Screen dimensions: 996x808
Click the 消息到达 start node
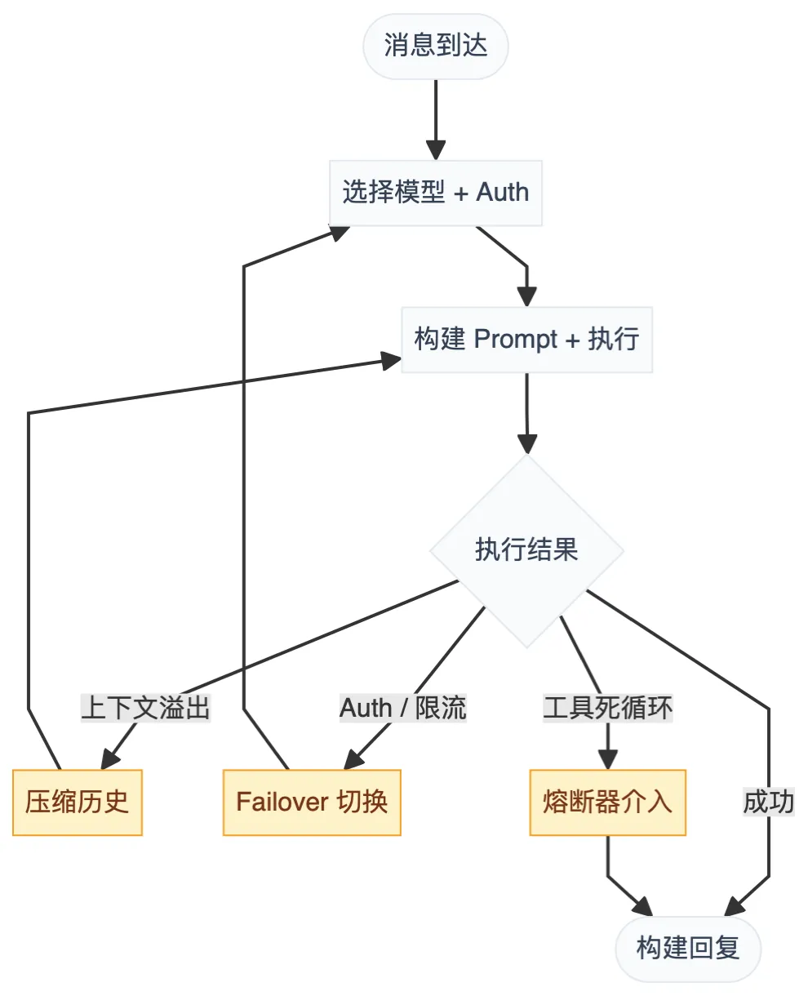(436, 46)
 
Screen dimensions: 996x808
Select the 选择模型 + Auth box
(436, 193)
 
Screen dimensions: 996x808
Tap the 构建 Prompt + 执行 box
(526, 340)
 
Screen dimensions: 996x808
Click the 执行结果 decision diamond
(526, 550)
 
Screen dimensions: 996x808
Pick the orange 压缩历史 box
(78, 802)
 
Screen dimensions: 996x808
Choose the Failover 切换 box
(312, 802)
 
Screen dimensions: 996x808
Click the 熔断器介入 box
(607, 802)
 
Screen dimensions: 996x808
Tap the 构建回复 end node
(688, 948)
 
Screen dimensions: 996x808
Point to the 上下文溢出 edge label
(146, 708)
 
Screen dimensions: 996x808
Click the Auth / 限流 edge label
(403, 708)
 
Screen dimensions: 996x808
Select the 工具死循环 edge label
(608, 708)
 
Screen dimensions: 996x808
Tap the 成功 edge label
(768, 802)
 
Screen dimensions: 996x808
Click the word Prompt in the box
(516, 340)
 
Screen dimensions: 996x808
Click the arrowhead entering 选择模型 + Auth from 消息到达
(436, 151)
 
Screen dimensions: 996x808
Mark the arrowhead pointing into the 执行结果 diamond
(527, 444)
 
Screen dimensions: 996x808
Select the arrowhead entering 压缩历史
(109, 759)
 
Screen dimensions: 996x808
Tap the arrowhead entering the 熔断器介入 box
(607, 760)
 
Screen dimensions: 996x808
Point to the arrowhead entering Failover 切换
(353, 759)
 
